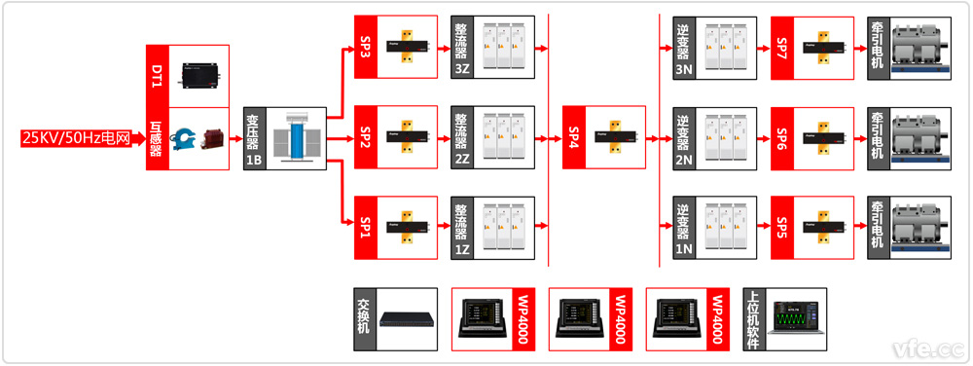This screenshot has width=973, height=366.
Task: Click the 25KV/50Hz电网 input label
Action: (76, 137)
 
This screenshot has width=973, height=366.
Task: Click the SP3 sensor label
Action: (366, 48)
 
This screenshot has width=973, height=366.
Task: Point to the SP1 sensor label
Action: (366, 227)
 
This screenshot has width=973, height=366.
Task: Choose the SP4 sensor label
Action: (574, 137)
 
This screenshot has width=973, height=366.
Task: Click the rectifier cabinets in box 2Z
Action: (503, 137)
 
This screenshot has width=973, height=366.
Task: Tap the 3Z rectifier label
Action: (462, 69)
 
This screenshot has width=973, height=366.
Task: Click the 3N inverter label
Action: (683, 69)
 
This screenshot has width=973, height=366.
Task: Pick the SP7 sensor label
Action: (782, 48)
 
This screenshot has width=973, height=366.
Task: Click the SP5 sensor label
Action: (782, 227)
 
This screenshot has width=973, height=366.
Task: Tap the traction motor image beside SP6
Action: (920, 137)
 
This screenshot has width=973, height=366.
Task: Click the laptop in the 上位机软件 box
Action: (796, 319)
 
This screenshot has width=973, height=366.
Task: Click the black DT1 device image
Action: (201, 76)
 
